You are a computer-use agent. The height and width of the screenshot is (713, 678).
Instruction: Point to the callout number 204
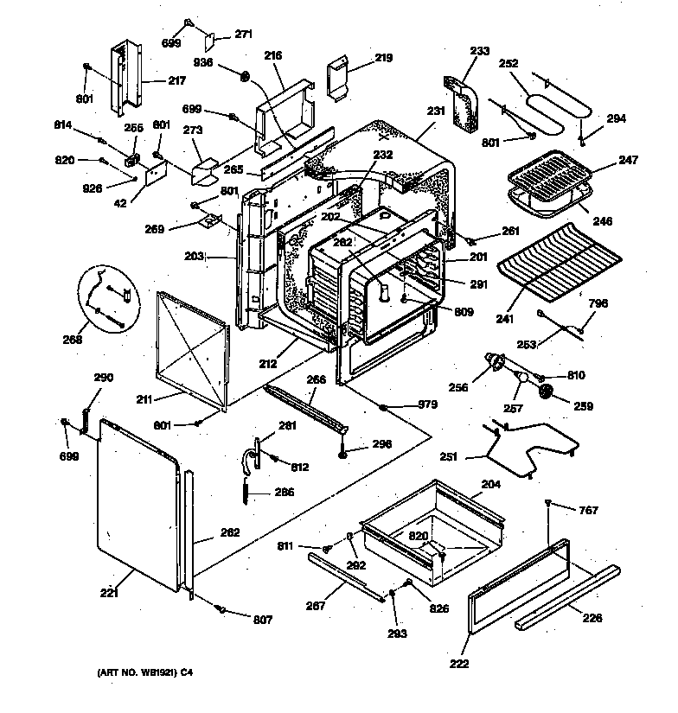click(x=489, y=485)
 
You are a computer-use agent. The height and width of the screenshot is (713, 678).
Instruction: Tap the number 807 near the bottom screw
click(x=263, y=620)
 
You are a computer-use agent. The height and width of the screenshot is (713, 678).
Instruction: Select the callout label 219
click(x=382, y=58)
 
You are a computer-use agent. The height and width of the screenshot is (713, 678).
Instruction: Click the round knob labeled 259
click(x=546, y=394)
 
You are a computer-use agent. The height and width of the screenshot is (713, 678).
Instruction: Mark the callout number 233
click(x=478, y=51)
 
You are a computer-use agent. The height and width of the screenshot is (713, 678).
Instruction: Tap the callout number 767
click(x=587, y=511)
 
